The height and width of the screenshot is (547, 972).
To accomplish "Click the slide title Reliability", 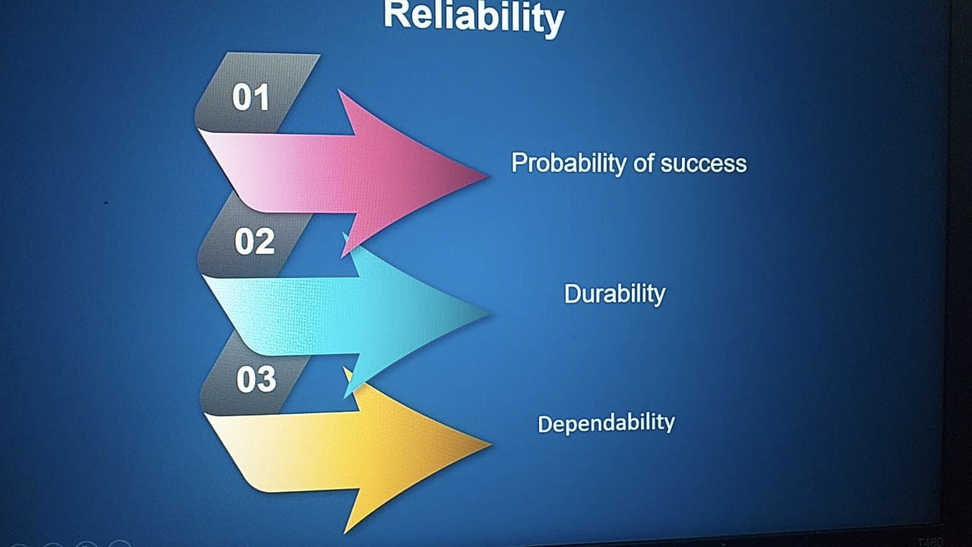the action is pyautogui.click(x=474, y=17).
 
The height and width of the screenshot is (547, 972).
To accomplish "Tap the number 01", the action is pyautogui.click(x=251, y=96).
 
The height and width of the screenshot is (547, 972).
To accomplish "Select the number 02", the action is pyautogui.click(x=254, y=241).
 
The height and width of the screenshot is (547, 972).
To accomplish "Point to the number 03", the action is pyautogui.click(x=257, y=379).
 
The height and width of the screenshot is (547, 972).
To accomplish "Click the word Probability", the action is pyautogui.click(x=569, y=163).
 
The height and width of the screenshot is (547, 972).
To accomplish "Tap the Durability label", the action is pyautogui.click(x=614, y=294).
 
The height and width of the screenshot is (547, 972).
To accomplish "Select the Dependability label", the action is pyautogui.click(x=606, y=423).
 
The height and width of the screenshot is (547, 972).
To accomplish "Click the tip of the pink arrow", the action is pyautogui.click(x=488, y=176).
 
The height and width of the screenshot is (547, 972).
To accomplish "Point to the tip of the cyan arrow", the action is pyautogui.click(x=490, y=312).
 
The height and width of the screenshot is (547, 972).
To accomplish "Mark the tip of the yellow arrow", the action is pyautogui.click(x=491, y=444).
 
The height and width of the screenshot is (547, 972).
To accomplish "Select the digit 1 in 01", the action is pyautogui.click(x=262, y=96).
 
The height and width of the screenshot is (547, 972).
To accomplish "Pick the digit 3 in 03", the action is pyautogui.click(x=267, y=379).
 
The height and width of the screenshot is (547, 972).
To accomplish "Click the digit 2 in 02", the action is pyautogui.click(x=266, y=242).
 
